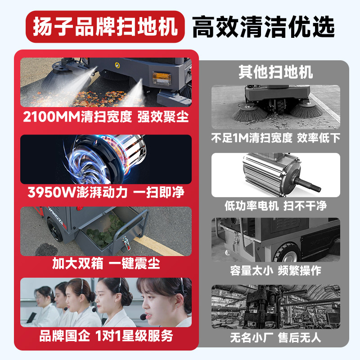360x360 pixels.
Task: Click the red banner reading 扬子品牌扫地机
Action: (105, 27)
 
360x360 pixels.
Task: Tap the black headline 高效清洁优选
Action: (263, 27)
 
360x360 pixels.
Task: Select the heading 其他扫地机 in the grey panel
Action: (275, 72)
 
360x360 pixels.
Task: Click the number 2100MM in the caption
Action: (51, 117)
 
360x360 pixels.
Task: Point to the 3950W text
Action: (51, 192)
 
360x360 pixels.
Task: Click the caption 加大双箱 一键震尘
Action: (106, 263)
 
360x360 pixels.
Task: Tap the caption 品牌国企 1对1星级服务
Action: (106, 336)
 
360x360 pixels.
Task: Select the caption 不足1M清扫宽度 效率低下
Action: (275, 138)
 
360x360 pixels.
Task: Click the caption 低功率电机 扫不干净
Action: (275, 206)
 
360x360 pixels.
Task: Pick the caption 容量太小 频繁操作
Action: (275, 270)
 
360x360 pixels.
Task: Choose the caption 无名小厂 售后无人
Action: (275, 337)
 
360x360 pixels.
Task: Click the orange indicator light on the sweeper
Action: (162, 78)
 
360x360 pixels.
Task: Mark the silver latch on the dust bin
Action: (125, 242)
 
